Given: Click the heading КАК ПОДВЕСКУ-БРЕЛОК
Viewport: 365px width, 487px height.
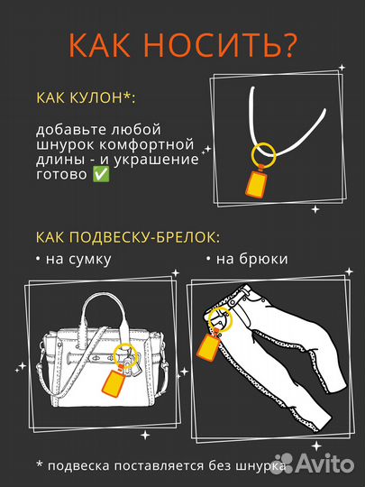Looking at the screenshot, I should [126, 236].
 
